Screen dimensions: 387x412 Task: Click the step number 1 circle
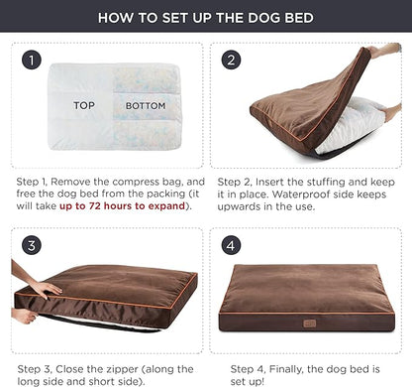coord(32,62)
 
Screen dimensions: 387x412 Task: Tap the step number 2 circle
coord(231,62)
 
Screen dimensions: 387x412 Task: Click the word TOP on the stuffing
coord(83,103)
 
